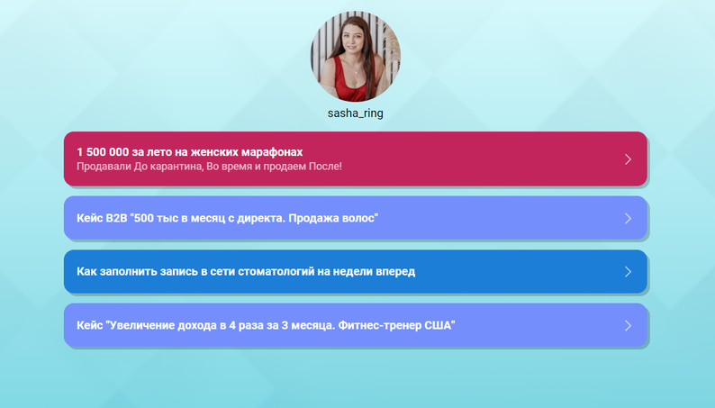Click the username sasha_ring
point(355,113)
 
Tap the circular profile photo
point(356,56)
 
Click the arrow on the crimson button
point(628,159)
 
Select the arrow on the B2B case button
point(628,218)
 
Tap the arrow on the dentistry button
point(628,272)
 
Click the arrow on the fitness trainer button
point(628,325)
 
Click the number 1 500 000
point(103,152)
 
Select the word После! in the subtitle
point(325,166)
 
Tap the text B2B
point(116,218)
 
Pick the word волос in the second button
point(361,218)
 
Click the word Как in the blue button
point(86,271)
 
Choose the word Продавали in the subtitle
point(104,167)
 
